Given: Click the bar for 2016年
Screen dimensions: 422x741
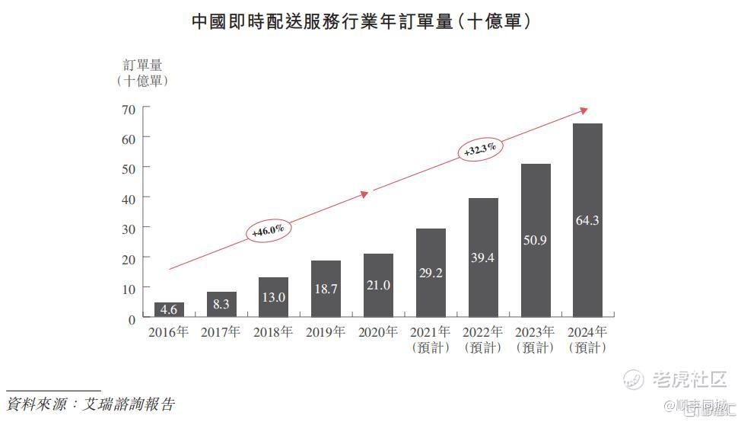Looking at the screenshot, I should coord(169,309).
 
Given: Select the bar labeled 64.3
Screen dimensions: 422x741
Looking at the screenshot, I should coord(587,220).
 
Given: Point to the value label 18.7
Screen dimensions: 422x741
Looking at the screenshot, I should coord(326,289).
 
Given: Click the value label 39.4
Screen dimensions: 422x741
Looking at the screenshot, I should coord(482,257).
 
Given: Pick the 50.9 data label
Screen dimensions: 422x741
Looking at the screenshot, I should coord(535,240).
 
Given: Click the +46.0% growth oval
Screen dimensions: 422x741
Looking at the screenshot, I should coord(268,230).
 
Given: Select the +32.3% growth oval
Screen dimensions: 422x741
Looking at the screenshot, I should coord(480,150).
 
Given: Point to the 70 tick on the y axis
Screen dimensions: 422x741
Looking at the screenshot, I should coord(128,110).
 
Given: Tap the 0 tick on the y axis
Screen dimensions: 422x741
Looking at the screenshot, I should coord(132,319).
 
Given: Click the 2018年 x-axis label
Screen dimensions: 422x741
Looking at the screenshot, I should coord(273,332).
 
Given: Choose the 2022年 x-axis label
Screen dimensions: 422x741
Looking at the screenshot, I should coord(482,332).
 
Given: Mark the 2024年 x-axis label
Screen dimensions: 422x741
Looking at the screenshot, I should coord(587,332).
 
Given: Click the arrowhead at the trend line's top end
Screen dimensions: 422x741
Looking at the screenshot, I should coord(584,110).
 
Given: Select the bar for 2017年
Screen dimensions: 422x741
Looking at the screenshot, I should coord(221,304).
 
